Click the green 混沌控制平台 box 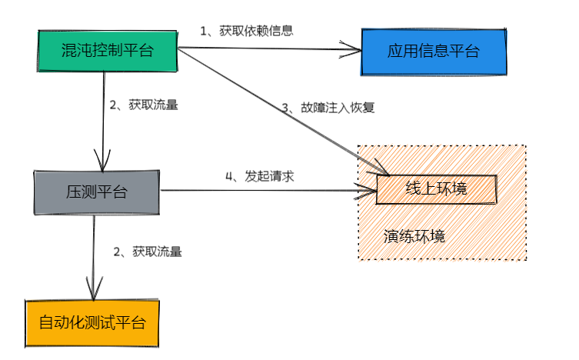click(x=107, y=51)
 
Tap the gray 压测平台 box click(x=96, y=192)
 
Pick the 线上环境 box click(x=436, y=188)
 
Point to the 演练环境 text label click(x=414, y=236)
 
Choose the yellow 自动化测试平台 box click(x=93, y=322)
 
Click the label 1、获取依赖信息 click(x=246, y=31)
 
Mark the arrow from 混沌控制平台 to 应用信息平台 click(x=269, y=51)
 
